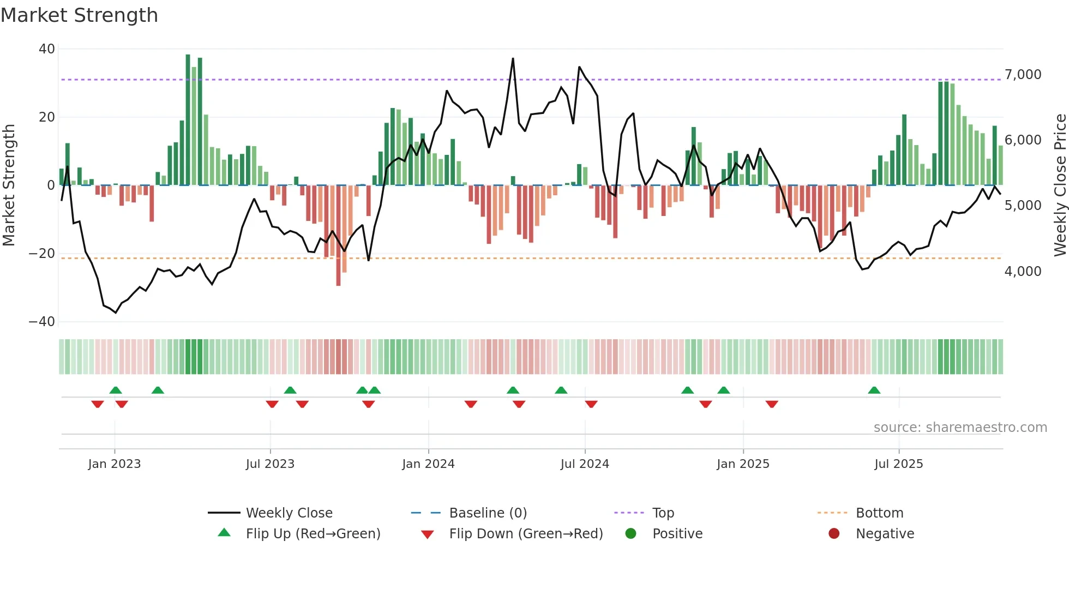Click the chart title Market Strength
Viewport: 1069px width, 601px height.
coord(79,15)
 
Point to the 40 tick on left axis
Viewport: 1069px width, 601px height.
coord(47,49)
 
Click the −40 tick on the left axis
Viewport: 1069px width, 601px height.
coord(43,322)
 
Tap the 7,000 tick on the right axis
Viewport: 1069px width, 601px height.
coord(1023,75)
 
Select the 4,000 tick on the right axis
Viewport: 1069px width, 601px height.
coord(1023,271)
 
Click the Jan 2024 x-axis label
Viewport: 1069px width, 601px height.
coord(428,464)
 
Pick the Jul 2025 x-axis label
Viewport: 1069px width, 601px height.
coord(898,464)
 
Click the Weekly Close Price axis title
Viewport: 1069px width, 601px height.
coord(1060,185)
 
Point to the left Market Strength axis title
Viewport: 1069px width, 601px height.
coord(9,185)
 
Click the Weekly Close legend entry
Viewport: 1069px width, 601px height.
coord(289,513)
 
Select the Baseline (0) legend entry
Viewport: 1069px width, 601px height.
coord(488,513)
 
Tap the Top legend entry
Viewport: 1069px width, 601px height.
coord(663,513)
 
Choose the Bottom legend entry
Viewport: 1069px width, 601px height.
coord(879,513)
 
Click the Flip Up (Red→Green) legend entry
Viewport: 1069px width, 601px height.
coord(313,534)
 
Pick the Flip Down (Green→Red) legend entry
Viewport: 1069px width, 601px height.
coord(526,534)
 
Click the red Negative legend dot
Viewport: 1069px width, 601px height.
coord(834,534)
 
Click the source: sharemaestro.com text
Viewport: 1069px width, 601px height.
coord(960,428)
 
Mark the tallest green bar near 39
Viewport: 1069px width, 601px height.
coord(188,120)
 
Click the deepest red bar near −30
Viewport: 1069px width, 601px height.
coord(338,236)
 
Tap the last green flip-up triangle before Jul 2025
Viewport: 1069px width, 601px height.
coord(874,390)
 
